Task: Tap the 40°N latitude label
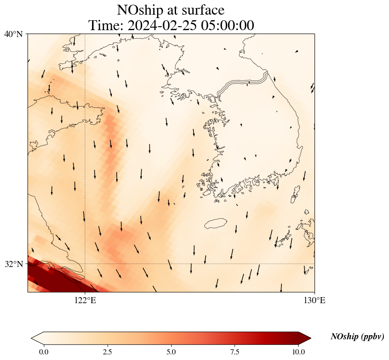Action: (13, 34)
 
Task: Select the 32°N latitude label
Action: (13, 264)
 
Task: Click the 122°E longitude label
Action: (85, 300)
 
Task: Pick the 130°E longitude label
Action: (315, 300)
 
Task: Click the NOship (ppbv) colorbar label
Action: (357, 337)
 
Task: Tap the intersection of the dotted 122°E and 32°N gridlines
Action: (85, 264)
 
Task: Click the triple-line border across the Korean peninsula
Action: (243, 82)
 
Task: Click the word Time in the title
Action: (102, 25)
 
